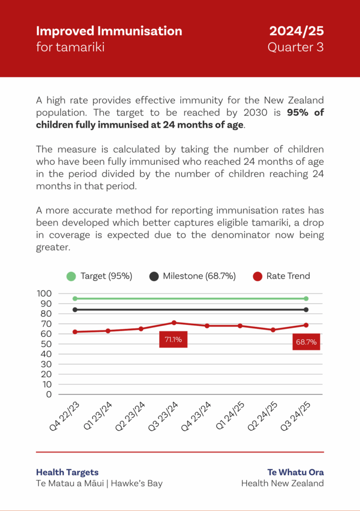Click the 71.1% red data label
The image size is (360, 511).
[173, 340]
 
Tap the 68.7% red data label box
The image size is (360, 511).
[306, 342]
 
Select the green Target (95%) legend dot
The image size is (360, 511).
[71, 276]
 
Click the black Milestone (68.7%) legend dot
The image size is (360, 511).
[154, 276]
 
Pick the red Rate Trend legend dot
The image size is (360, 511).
[258, 276]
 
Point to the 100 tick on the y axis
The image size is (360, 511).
[44, 293]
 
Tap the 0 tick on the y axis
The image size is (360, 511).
[49, 394]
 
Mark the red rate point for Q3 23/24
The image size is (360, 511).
[174, 322]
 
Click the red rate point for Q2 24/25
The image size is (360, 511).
[273, 330]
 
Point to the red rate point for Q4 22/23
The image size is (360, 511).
[75, 332]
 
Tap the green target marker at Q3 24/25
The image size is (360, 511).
[306, 298]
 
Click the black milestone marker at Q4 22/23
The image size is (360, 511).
[75, 310]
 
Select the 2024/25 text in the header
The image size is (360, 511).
[297, 31]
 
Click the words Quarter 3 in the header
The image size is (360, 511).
[296, 47]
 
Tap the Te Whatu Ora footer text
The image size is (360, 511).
[296, 472]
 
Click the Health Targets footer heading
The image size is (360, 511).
[67, 472]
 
